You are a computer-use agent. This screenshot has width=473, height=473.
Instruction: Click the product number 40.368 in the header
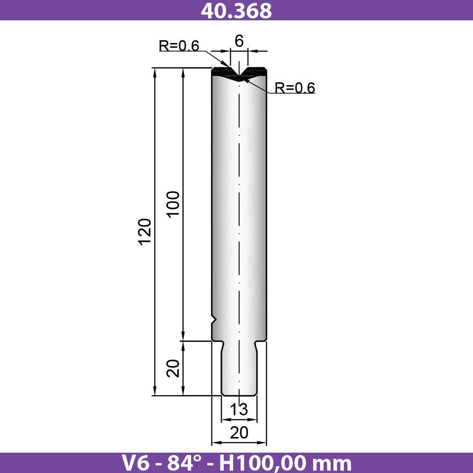pos(236,10)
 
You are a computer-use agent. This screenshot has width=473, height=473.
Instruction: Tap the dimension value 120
pos(144,232)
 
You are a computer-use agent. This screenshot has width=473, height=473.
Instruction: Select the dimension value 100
pos(173,203)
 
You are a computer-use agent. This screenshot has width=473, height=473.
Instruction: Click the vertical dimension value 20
pos(173,368)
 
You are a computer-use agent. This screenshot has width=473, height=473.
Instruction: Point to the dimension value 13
pos(239,409)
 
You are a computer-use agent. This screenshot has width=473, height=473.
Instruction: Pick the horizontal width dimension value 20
pos(239,433)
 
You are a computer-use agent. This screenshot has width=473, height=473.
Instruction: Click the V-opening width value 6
pos(239,41)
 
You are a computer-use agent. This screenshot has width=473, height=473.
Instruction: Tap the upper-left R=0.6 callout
pos(179,46)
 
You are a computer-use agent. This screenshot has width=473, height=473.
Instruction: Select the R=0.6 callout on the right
pos(295,88)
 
